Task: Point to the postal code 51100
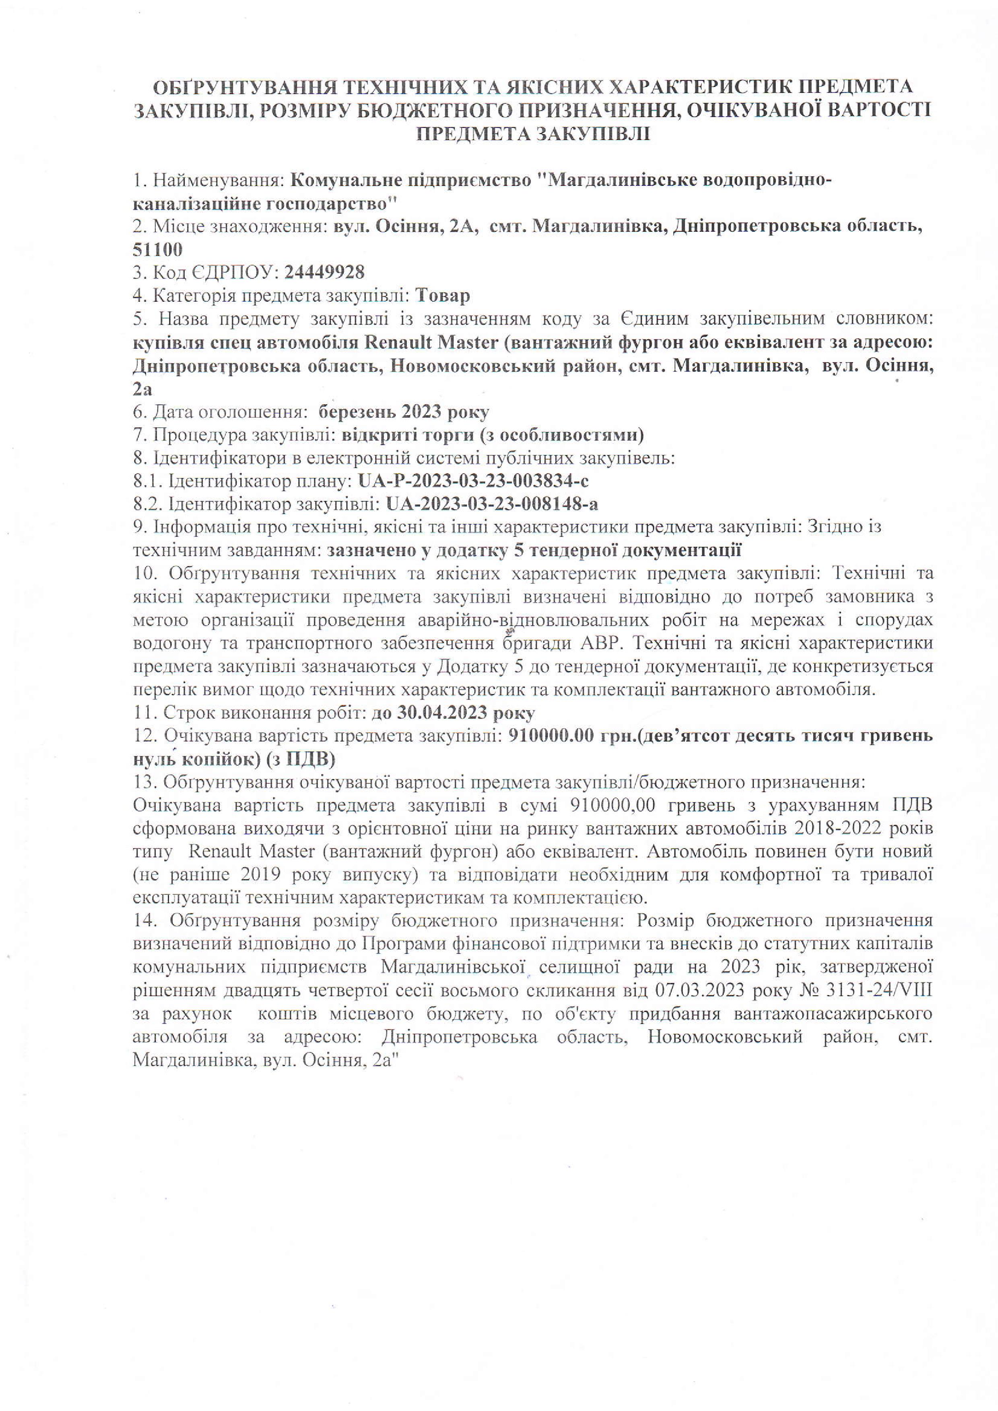158,249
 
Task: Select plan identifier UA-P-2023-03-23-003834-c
473,480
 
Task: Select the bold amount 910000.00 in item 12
551,736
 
